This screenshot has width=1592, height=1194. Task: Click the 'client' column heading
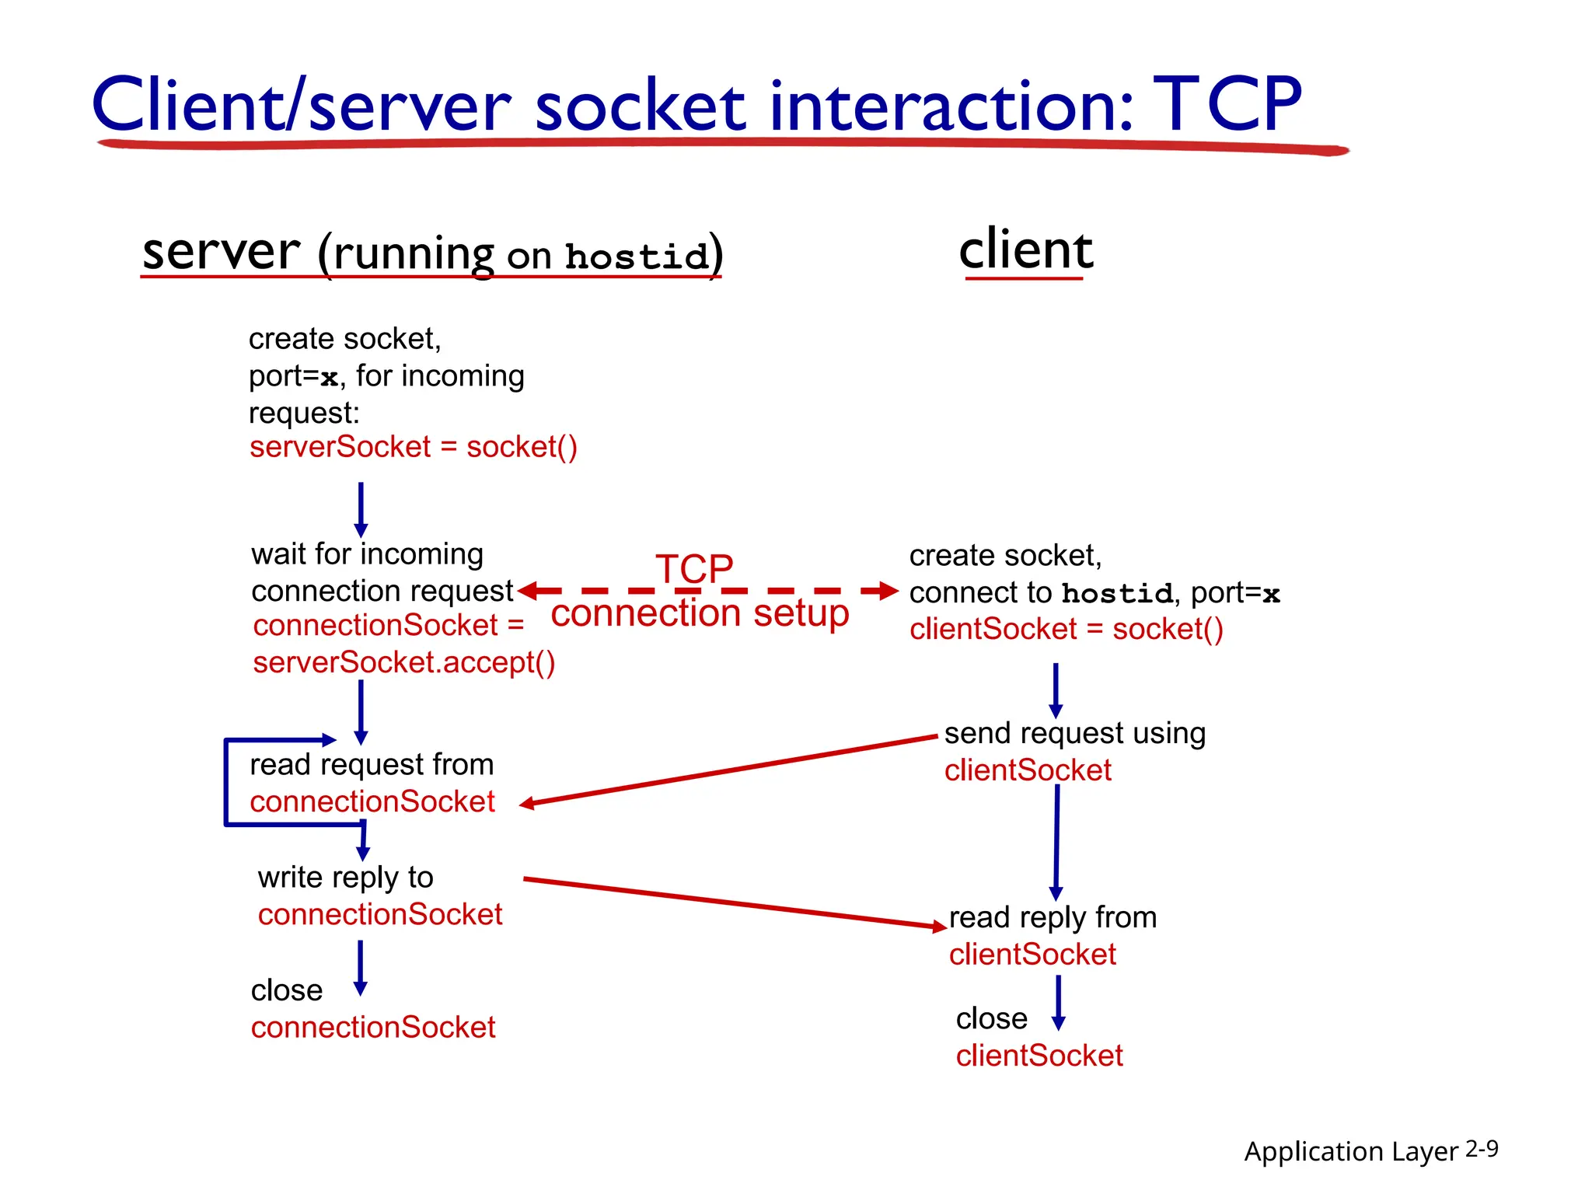click(x=1025, y=250)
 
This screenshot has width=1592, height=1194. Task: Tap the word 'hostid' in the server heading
click(x=637, y=257)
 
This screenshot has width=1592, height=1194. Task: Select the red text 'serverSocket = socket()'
click(x=413, y=447)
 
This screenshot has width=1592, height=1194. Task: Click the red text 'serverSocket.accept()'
click(x=403, y=662)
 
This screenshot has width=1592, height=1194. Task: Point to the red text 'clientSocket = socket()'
click(x=1066, y=629)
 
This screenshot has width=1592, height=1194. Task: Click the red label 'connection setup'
click(x=699, y=613)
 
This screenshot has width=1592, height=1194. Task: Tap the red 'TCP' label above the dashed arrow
click(x=693, y=568)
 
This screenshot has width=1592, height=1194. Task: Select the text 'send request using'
click(x=1074, y=733)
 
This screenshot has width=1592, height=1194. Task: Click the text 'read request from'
click(x=372, y=765)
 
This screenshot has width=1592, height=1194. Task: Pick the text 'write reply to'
click(x=345, y=878)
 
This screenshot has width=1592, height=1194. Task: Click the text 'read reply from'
click(x=1053, y=917)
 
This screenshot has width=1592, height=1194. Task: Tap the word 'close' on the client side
click(x=991, y=1018)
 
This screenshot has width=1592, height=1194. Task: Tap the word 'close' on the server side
click(x=286, y=990)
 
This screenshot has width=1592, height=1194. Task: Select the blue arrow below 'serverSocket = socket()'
click(x=361, y=509)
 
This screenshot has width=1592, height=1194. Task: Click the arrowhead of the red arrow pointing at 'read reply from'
click(x=939, y=926)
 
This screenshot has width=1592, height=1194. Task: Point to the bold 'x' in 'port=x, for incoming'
click(x=329, y=378)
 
